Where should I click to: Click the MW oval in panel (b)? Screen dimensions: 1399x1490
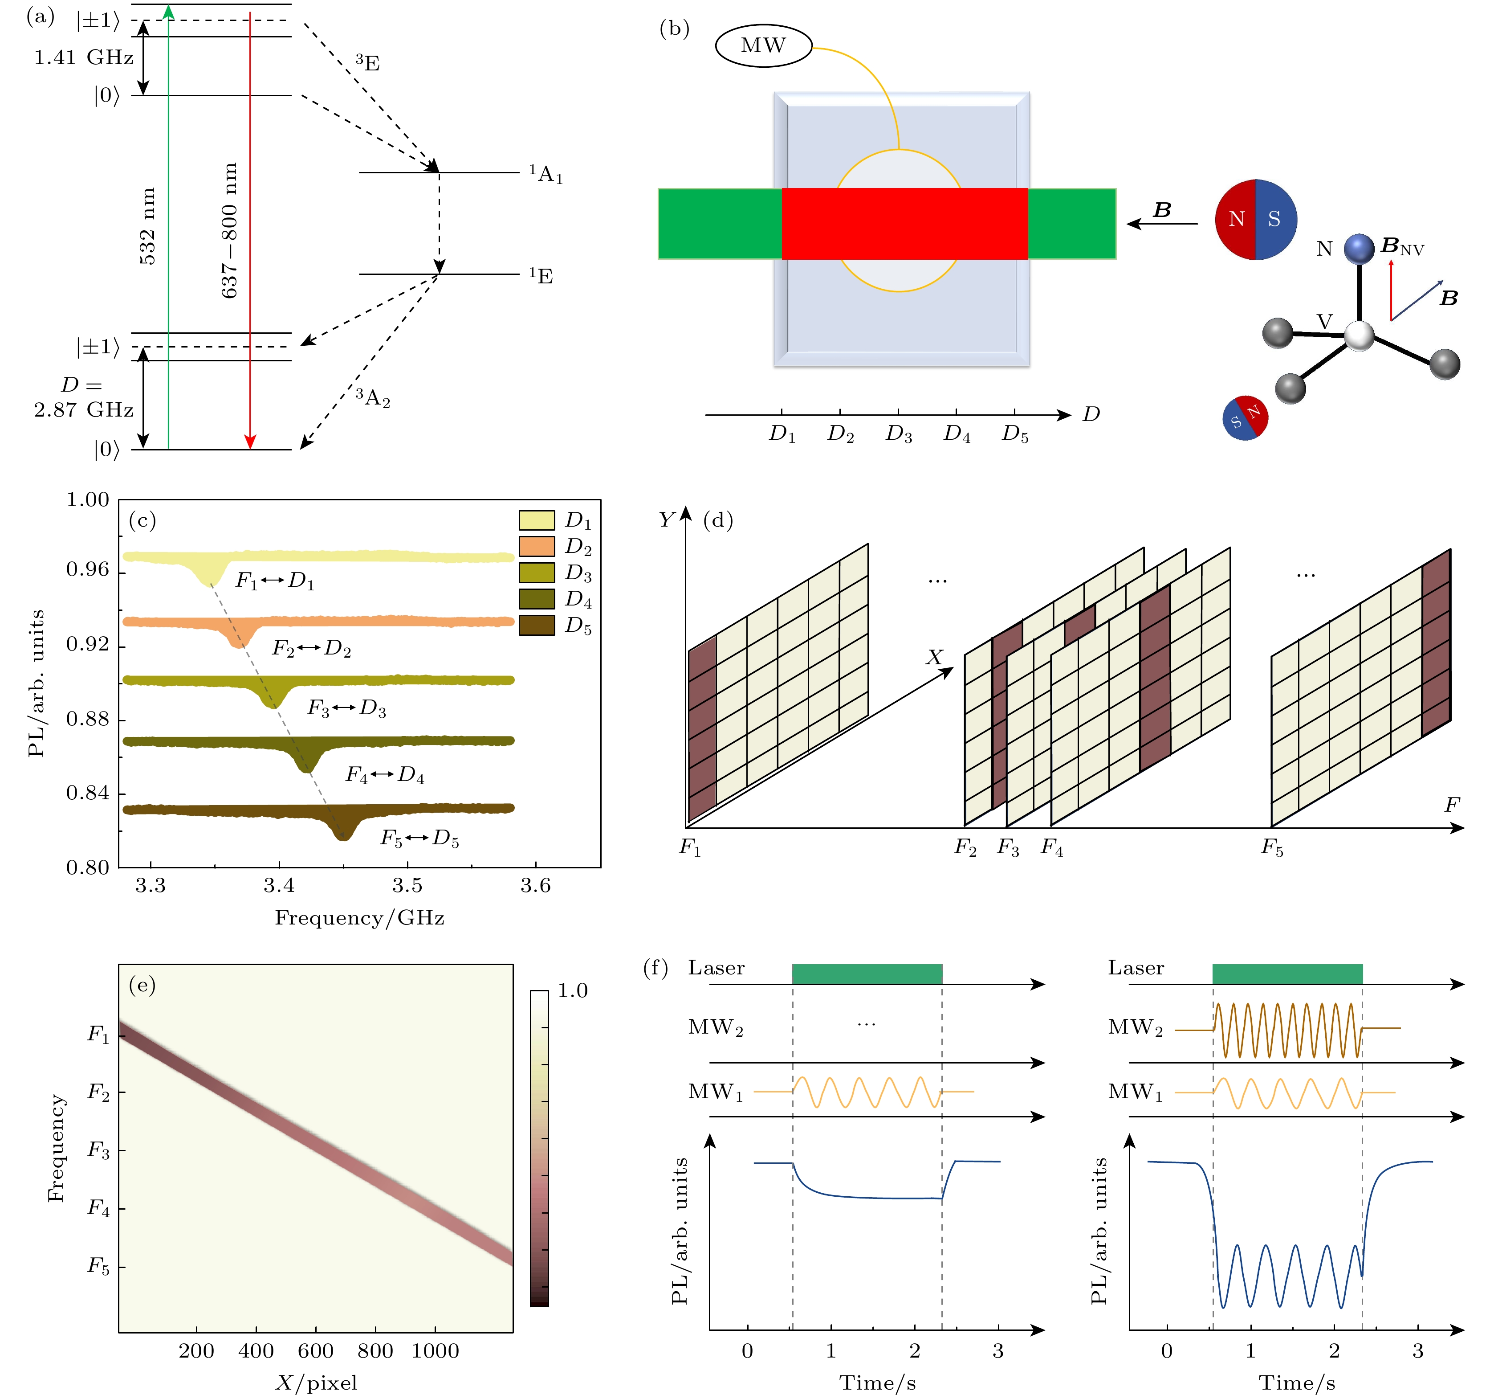[763, 46]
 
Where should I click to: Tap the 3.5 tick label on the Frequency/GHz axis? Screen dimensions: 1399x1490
[407, 886]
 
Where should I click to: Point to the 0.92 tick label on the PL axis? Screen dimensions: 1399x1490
[88, 645]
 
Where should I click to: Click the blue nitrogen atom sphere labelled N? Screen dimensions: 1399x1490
[1358, 249]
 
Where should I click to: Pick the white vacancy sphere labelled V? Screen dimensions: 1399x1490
[1358, 336]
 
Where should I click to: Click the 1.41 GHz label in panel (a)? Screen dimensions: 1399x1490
[83, 58]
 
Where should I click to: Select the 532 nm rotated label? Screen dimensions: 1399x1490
[148, 226]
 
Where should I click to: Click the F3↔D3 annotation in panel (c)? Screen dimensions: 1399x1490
[346, 708]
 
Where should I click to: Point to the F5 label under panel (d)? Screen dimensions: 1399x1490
[1272, 848]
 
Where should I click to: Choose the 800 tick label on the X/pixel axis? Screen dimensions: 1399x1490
[375, 1351]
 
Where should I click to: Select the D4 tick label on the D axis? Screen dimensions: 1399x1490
[957, 434]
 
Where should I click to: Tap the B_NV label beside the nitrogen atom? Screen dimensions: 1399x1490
[1401, 247]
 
